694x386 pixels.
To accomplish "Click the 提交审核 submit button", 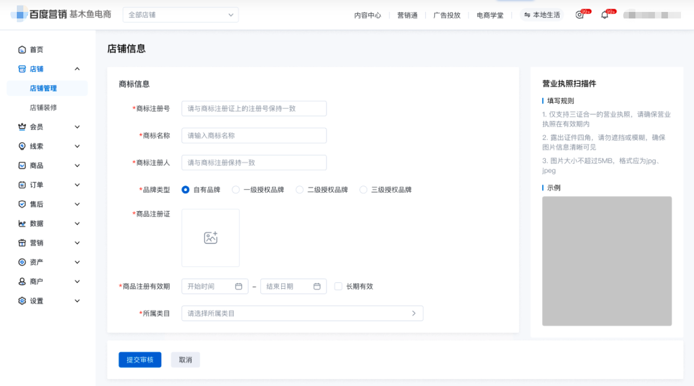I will coord(140,360).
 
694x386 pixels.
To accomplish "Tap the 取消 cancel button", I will coord(186,360).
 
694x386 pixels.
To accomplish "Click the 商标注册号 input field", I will coord(254,109).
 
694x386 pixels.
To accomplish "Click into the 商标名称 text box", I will coord(254,136).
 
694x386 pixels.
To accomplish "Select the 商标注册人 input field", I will coord(254,163).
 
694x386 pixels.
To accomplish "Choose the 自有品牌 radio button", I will coord(186,190).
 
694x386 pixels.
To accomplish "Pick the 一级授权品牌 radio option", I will coord(235,190).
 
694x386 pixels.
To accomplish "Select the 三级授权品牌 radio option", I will coord(364,190).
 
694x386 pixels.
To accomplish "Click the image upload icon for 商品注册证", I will coord(211,238).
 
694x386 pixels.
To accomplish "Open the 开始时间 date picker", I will coord(215,287).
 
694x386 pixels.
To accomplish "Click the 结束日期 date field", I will coord(294,287).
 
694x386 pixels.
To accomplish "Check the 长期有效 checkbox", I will coord(338,287).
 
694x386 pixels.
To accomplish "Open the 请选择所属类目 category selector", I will coord(302,313).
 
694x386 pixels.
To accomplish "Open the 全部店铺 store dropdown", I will coord(181,15).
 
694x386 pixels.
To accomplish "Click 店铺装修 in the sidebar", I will coord(43,107).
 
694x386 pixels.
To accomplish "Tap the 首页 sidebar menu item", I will coord(36,50).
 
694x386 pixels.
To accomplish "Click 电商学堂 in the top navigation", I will coord(490,15).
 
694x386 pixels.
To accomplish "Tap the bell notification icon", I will coord(604,15).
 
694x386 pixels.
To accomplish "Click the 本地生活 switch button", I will coord(542,15).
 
